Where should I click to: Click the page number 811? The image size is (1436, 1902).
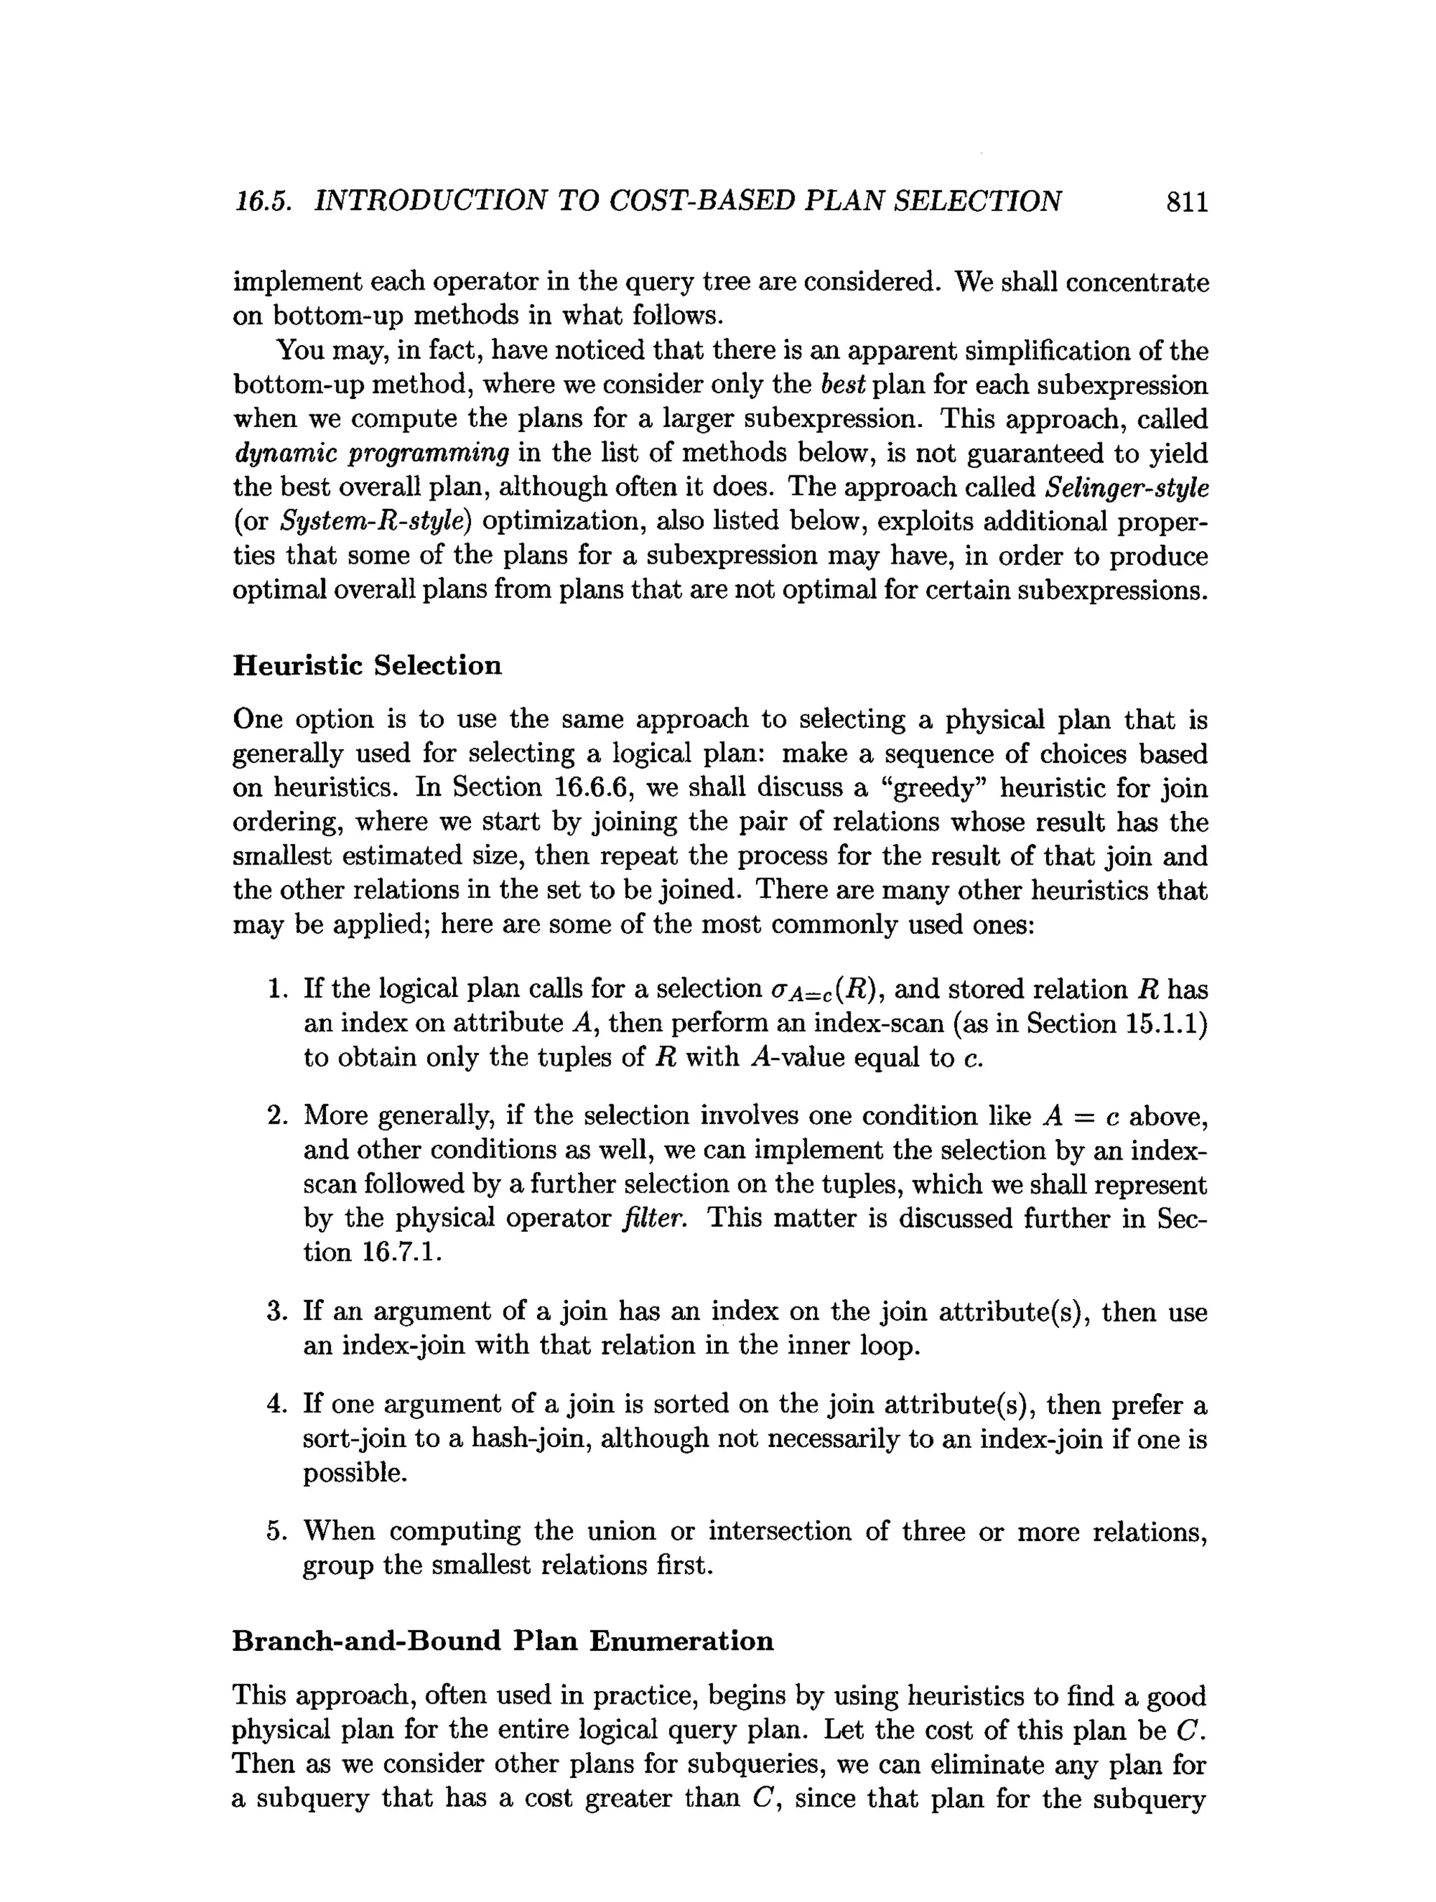1186,202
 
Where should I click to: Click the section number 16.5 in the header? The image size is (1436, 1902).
263,202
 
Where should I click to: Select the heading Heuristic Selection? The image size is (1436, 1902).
367,665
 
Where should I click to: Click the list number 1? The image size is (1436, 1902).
276,990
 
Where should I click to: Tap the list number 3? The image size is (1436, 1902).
276,1312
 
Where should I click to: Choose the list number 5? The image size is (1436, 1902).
276,1531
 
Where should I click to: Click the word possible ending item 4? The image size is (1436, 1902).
354,1473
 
